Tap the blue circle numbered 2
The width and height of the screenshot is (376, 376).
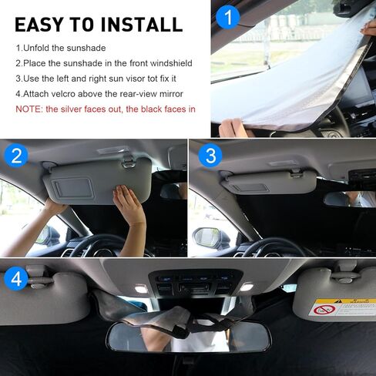[16, 156]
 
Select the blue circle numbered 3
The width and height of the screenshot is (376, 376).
[208, 156]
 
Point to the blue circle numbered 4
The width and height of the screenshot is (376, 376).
[16, 277]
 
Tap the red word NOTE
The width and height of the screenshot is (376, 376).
[28, 109]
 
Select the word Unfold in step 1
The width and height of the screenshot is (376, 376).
[40, 48]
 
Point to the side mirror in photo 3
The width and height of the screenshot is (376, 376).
[206, 238]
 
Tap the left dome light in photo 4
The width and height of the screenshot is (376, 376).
[141, 288]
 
